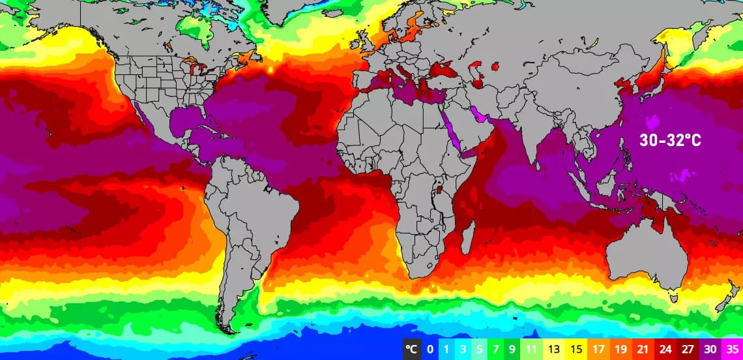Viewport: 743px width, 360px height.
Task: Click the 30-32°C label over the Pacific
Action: coord(670,140)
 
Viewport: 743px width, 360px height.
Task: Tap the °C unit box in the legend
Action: coord(411,350)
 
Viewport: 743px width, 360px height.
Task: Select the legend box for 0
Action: coord(430,350)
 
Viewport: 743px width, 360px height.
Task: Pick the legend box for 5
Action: coord(479,350)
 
